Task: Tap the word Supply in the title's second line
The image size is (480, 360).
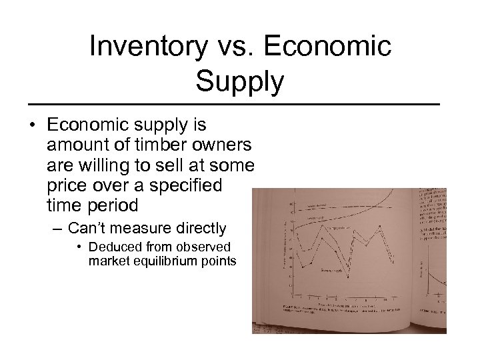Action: [240, 83]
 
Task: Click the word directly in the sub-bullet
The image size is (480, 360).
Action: [195, 229]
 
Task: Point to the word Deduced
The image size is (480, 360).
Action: [111, 247]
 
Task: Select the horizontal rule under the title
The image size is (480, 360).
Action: [240, 105]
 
